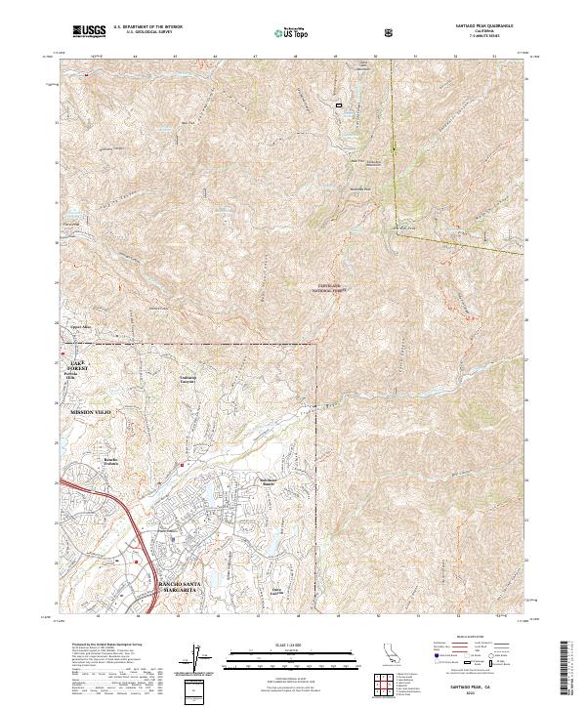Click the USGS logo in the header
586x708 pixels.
[x=88, y=31]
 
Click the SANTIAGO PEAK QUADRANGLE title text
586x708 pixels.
[x=483, y=24]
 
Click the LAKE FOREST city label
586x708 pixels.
[x=78, y=365]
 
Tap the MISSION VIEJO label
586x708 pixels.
[x=92, y=413]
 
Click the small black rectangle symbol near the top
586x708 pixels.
[x=340, y=104]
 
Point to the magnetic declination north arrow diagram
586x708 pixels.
[x=194, y=661]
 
